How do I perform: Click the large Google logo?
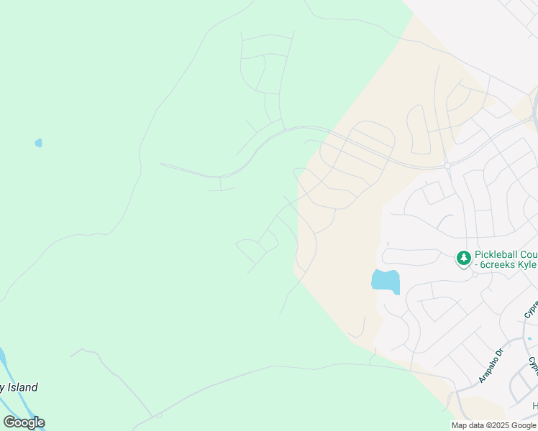click(24, 422)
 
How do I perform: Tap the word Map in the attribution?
click(459, 425)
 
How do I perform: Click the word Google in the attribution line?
click(524, 425)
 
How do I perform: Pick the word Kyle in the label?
click(526, 265)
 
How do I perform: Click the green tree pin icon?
click(464, 257)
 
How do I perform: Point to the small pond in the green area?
click(39, 143)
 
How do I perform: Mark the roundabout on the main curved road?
click(447, 166)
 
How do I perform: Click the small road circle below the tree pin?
click(475, 274)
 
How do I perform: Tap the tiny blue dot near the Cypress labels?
click(529, 338)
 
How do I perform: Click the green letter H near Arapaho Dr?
click(534, 407)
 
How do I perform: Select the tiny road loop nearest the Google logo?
click(159, 415)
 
